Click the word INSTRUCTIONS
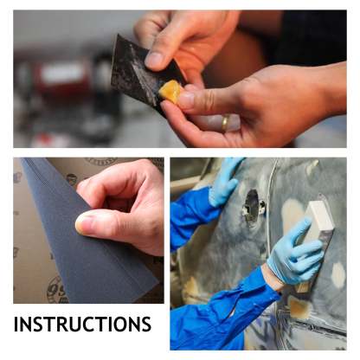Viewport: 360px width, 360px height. click(82, 324)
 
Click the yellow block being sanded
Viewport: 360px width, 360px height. click(170, 91)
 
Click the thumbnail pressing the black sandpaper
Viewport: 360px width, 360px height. click(153, 60)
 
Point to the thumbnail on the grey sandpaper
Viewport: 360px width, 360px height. click(83, 223)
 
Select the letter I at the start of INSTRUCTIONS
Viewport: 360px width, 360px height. click(16, 325)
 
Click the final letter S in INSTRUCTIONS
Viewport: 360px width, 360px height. click(146, 325)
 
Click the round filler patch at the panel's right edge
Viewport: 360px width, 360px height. click(338, 273)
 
